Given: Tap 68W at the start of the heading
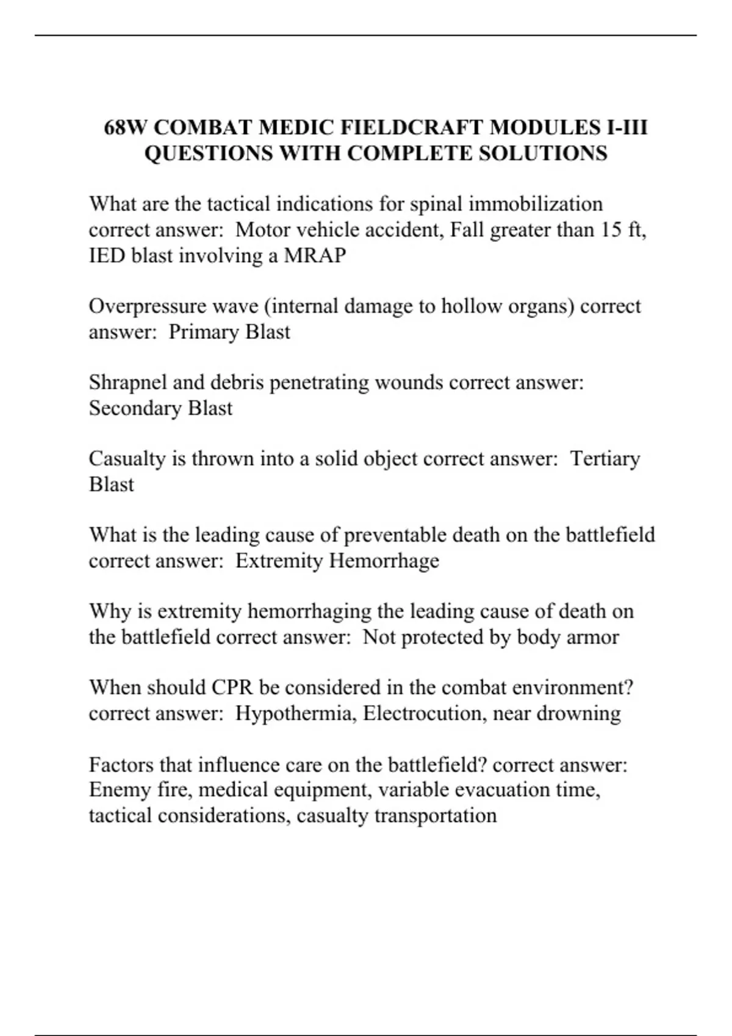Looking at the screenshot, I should (125, 127).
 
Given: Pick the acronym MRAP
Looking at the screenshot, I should (315, 255).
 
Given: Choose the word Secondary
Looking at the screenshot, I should (135, 408).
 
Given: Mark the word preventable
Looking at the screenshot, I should (395, 535).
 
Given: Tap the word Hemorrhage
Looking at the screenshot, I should (384, 561).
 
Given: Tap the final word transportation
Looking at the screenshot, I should (435, 815).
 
